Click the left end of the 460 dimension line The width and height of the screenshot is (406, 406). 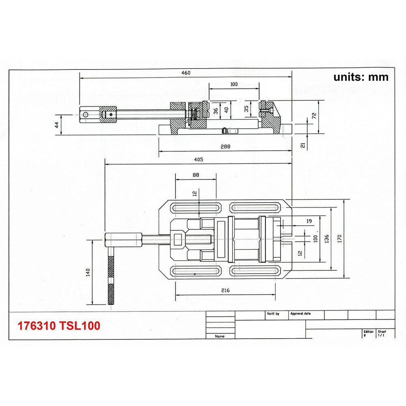click(80, 77)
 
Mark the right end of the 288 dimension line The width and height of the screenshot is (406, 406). click(292, 151)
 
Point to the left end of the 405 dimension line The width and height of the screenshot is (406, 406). click(105, 164)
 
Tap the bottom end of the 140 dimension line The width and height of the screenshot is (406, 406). click(92, 304)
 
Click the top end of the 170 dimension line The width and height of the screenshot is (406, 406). click(344, 200)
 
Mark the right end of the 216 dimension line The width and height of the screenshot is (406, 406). click(276, 295)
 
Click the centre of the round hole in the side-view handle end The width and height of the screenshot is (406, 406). click(85, 115)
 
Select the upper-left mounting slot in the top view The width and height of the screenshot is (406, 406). click(196, 207)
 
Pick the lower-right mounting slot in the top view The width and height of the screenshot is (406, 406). click(255, 271)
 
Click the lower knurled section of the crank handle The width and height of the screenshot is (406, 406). click(111, 294)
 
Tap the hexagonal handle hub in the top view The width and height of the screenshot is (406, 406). click(123, 240)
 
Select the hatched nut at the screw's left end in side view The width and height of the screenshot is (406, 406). click(108, 114)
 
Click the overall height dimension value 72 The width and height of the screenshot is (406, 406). click(314, 116)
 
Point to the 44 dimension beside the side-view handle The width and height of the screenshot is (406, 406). click(57, 125)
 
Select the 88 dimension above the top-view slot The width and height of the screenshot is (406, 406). click(196, 175)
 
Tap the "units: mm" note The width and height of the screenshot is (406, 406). click(361, 77)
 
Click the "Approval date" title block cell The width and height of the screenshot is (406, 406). click(300, 313)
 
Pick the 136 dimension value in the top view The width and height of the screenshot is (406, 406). click(327, 239)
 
